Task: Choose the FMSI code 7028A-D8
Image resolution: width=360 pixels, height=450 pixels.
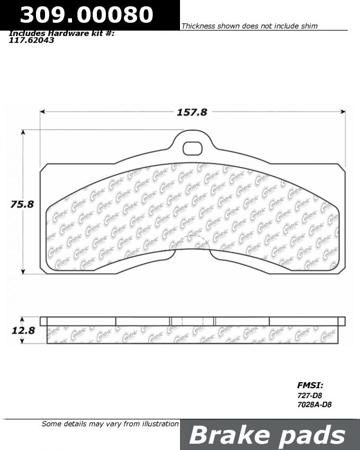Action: pyautogui.click(x=314, y=405)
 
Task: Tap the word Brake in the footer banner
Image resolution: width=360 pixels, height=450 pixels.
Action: pyautogui.click(x=230, y=435)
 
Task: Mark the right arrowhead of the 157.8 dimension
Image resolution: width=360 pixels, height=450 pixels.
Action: pyautogui.click(x=343, y=112)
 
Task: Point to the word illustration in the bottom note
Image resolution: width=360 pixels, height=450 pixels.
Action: pyautogui.click(x=157, y=424)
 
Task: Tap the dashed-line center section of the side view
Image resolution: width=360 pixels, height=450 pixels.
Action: pyautogui.click(x=193, y=321)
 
